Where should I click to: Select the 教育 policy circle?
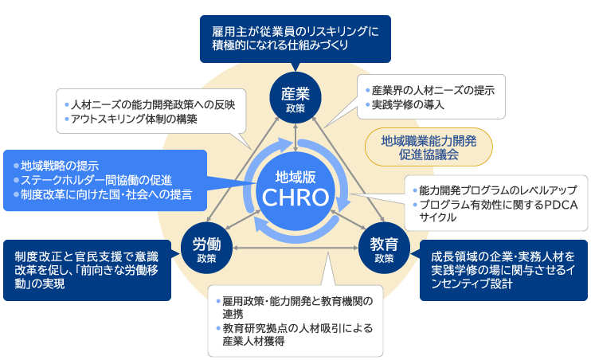tap(384, 248)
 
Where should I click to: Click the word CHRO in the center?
tap(295, 197)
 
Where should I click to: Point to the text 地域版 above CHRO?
tap(295, 175)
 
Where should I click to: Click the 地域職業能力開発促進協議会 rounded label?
tap(429, 147)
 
